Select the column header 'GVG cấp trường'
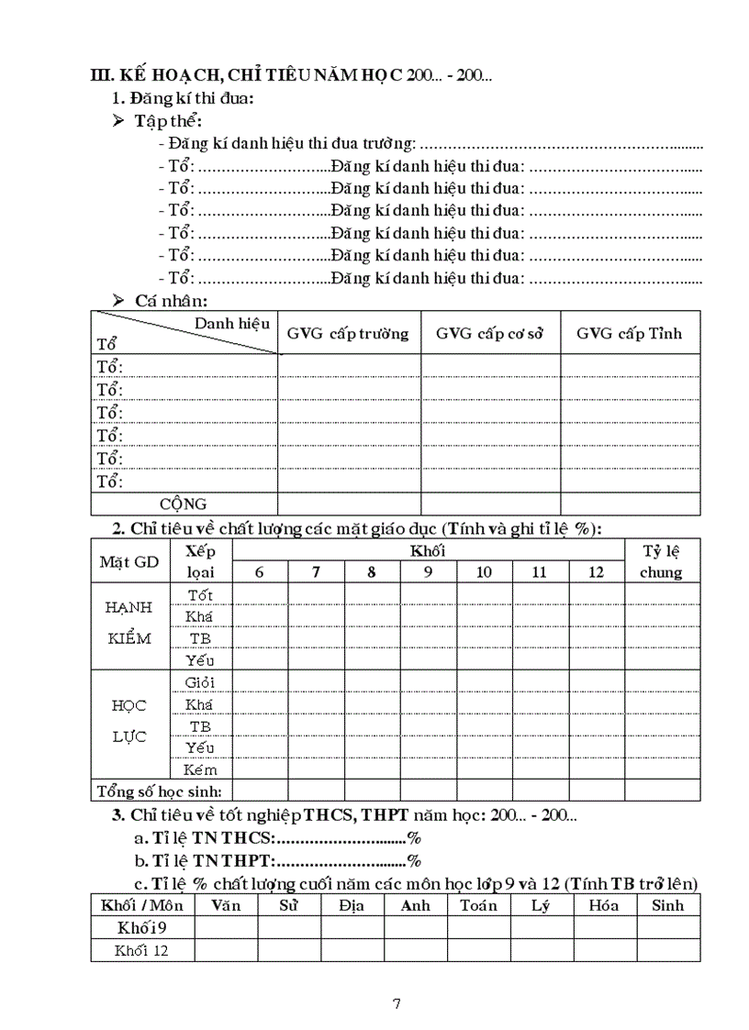[348, 333]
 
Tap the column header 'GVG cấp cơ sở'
[490, 333]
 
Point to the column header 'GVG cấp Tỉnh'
[630, 333]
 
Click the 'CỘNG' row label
[184, 504]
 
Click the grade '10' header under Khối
[484, 572]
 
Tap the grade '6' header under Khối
[260, 572]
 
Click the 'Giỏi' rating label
[199, 682]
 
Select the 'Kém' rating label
[200, 770]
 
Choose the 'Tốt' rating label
[200, 594]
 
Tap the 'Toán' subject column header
[479, 905]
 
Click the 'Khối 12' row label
[141, 950]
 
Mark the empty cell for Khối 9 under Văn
[226, 927]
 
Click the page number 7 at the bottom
[396, 1002]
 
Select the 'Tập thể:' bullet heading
[168, 121]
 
